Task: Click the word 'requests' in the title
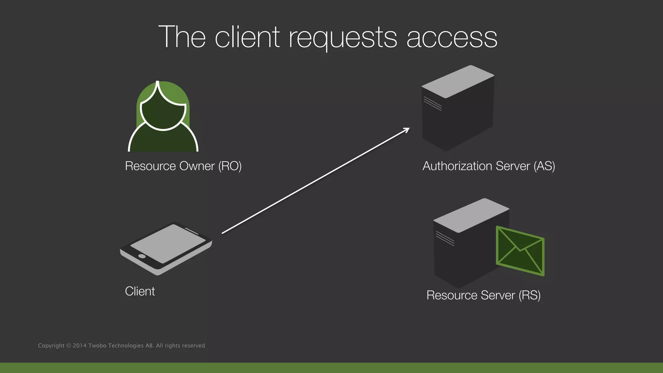343,38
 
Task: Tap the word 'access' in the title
452,38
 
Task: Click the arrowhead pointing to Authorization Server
407,130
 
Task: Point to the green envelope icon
520,251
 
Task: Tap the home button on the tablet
142,256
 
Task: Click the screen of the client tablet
168,243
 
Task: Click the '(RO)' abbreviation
230,166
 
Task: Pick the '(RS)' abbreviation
530,295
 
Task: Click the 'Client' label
140,291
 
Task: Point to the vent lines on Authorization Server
433,104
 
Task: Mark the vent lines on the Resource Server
445,238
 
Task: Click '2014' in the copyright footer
80,345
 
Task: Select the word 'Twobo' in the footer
97,345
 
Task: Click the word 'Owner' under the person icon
197,166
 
